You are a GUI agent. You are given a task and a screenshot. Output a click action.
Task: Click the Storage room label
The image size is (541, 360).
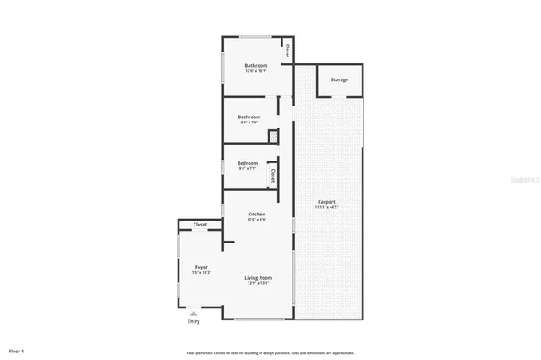(x=339, y=79)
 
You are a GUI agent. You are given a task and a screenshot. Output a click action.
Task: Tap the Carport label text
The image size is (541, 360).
(x=326, y=201)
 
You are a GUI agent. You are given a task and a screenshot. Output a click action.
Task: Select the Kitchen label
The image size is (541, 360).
(x=257, y=215)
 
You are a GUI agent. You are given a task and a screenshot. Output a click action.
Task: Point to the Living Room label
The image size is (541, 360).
(x=258, y=278)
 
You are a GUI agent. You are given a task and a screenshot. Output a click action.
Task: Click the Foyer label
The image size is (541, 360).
(x=200, y=267)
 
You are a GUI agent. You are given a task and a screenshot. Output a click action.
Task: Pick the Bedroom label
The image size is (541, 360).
(x=247, y=163)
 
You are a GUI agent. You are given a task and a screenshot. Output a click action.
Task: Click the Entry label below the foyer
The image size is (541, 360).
(x=194, y=321)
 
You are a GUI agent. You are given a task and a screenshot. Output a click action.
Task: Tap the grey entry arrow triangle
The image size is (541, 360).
(x=194, y=313)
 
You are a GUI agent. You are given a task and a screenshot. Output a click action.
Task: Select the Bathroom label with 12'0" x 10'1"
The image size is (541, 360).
(x=256, y=65)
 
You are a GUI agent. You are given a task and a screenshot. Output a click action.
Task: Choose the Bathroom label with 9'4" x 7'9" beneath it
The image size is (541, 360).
(x=249, y=117)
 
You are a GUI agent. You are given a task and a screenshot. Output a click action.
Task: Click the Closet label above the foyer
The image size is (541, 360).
(x=200, y=225)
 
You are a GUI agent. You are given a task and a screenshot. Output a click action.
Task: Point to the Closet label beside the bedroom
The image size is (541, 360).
(x=273, y=175)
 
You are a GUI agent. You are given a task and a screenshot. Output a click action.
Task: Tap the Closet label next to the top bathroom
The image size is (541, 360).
(x=287, y=51)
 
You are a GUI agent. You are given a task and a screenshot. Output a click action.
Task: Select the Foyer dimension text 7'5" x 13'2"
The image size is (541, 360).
(x=200, y=272)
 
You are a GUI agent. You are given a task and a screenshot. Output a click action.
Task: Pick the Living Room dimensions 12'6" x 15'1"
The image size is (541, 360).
(x=258, y=283)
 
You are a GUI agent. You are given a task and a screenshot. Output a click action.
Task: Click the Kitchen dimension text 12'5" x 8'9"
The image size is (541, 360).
(x=257, y=220)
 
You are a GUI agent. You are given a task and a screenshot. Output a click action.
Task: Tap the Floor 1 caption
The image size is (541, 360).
(x=17, y=350)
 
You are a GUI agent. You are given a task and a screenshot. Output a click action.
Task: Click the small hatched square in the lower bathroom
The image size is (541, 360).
(x=273, y=135)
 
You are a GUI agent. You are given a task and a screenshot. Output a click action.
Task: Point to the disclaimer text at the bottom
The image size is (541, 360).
(x=270, y=352)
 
